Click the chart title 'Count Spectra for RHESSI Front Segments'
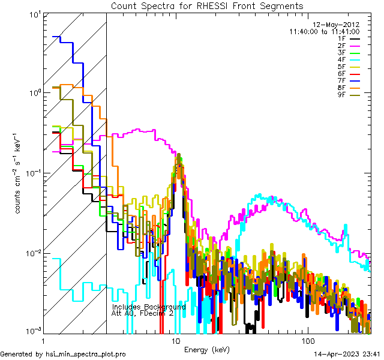pos(207,6)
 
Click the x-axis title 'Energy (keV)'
pos(206,349)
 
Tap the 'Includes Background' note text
pos(149,307)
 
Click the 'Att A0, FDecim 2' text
pos(143,314)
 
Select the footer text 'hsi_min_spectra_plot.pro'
pos(86,354)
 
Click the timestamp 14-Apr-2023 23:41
pos(347,354)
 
